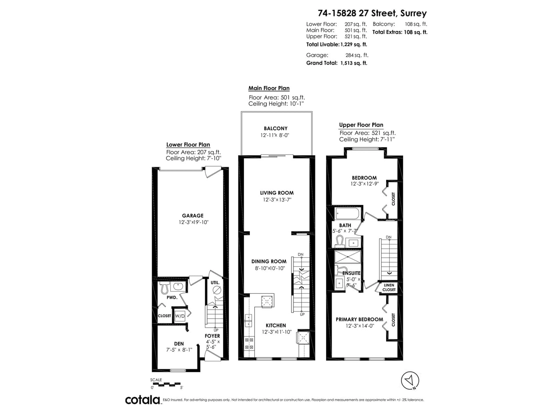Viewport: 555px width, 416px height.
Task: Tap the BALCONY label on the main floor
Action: [x=275, y=128]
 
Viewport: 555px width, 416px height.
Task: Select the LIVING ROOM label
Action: [x=277, y=193]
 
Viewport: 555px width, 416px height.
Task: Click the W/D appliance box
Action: [x=180, y=316]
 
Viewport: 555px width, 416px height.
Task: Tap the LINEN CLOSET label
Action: [x=389, y=287]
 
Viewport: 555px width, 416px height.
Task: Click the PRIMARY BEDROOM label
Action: [x=359, y=319]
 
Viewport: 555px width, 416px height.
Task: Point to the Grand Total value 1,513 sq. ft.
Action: [x=354, y=63]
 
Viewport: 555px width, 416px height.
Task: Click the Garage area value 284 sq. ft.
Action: [x=357, y=55]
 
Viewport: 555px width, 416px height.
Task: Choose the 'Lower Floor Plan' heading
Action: [x=188, y=145]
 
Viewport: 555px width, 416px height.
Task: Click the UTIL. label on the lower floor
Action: [x=215, y=283]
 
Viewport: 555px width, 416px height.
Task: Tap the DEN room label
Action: [x=179, y=343]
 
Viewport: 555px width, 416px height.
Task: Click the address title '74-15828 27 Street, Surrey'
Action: [x=372, y=13]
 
